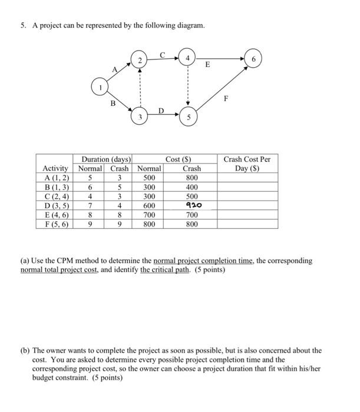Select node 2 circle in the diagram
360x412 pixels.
tap(139, 61)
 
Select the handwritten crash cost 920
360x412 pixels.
tap(192, 205)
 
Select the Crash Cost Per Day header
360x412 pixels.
tap(246, 164)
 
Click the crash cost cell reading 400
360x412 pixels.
tap(192, 187)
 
